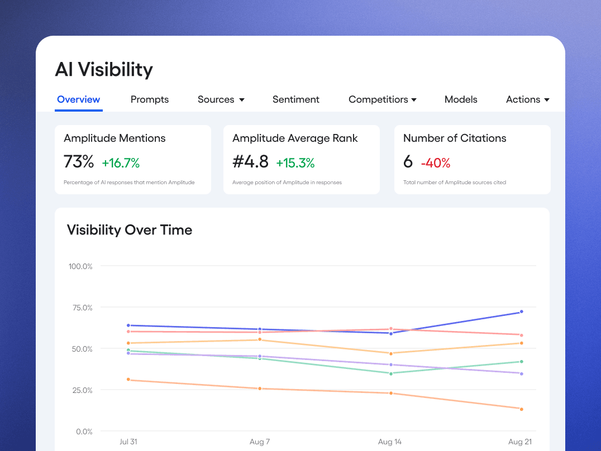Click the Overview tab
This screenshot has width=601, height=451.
(x=79, y=99)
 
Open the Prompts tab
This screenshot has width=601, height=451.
(x=150, y=99)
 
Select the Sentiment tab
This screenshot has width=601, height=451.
(x=296, y=99)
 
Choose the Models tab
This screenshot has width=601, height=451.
(x=461, y=99)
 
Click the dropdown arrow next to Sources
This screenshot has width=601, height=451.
(x=242, y=100)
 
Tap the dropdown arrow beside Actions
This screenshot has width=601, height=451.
(x=547, y=100)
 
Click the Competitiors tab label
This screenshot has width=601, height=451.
(x=378, y=99)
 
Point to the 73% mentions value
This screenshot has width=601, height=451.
(x=79, y=162)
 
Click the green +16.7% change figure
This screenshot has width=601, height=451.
(x=121, y=163)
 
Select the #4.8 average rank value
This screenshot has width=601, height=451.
(x=250, y=162)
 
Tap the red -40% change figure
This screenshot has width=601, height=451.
(x=436, y=163)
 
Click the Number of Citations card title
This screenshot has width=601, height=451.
(x=455, y=138)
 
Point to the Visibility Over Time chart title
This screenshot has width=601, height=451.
(x=130, y=230)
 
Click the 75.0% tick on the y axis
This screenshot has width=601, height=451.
(x=80, y=308)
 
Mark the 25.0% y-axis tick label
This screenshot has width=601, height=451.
(x=80, y=390)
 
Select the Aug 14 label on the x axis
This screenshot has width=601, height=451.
(x=390, y=442)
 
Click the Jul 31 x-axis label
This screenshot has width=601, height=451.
(x=128, y=442)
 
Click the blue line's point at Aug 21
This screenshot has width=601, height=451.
(x=521, y=312)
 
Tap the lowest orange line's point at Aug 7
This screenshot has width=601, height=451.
(x=260, y=388)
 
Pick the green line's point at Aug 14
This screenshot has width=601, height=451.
(x=390, y=373)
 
